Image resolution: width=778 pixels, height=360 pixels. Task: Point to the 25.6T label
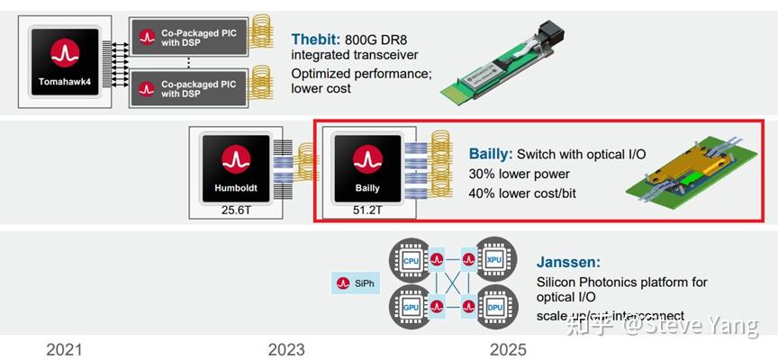[x=237, y=211]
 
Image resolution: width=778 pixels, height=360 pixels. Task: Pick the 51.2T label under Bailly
[x=367, y=211]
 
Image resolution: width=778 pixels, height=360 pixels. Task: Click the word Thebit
[x=314, y=40]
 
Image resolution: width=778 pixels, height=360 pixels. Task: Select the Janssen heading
[x=568, y=262]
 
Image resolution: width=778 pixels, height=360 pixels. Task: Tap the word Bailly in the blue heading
[x=490, y=154]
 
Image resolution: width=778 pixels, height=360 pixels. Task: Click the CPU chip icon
[x=411, y=261]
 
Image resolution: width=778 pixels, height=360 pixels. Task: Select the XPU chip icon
[x=494, y=261]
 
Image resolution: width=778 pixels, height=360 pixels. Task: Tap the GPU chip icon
[x=411, y=306]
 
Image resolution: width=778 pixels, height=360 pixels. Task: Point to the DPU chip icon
[x=494, y=306]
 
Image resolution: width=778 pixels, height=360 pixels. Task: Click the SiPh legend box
[x=355, y=283]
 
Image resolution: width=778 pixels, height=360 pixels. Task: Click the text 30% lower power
[x=519, y=174]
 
